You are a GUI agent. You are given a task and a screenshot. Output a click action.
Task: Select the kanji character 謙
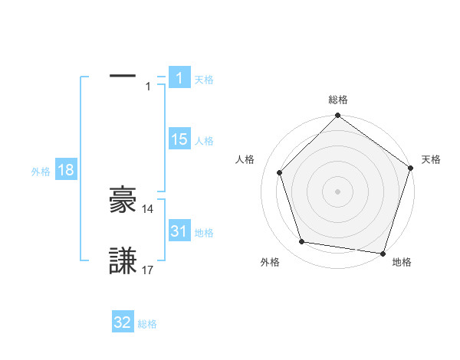pos(123,260)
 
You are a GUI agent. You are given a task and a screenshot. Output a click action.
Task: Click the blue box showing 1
pos(179,78)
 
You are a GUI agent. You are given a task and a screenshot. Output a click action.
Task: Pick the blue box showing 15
pos(179,139)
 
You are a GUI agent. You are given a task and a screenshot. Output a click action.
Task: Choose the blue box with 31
pos(179,231)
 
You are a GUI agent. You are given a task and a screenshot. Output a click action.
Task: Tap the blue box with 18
pos(66,170)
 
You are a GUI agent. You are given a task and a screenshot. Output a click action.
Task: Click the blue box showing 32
pos(123,322)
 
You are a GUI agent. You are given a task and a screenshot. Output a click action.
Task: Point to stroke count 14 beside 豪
pos(148,208)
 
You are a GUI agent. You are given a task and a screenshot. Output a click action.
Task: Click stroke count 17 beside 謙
pos(148,270)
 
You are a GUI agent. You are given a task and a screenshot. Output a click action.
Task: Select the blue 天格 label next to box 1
pos(204,79)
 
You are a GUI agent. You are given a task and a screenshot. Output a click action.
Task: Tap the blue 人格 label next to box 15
pos(204,141)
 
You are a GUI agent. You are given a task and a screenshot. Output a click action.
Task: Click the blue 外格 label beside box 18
pos(41,172)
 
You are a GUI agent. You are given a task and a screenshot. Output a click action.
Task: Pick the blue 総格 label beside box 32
pos(147,324)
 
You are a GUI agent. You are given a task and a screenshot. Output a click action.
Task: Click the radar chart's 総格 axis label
pos(337,100)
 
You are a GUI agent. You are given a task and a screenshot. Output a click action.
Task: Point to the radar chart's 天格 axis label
pos(431,159)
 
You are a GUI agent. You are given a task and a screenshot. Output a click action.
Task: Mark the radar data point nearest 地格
pos(383,253)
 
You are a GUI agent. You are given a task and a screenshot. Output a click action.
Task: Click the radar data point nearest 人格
pos(279,172)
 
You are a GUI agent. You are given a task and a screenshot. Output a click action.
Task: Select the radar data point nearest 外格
pos(302,242)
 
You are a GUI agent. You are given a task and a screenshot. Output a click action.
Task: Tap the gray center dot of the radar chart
pos(337,191)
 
